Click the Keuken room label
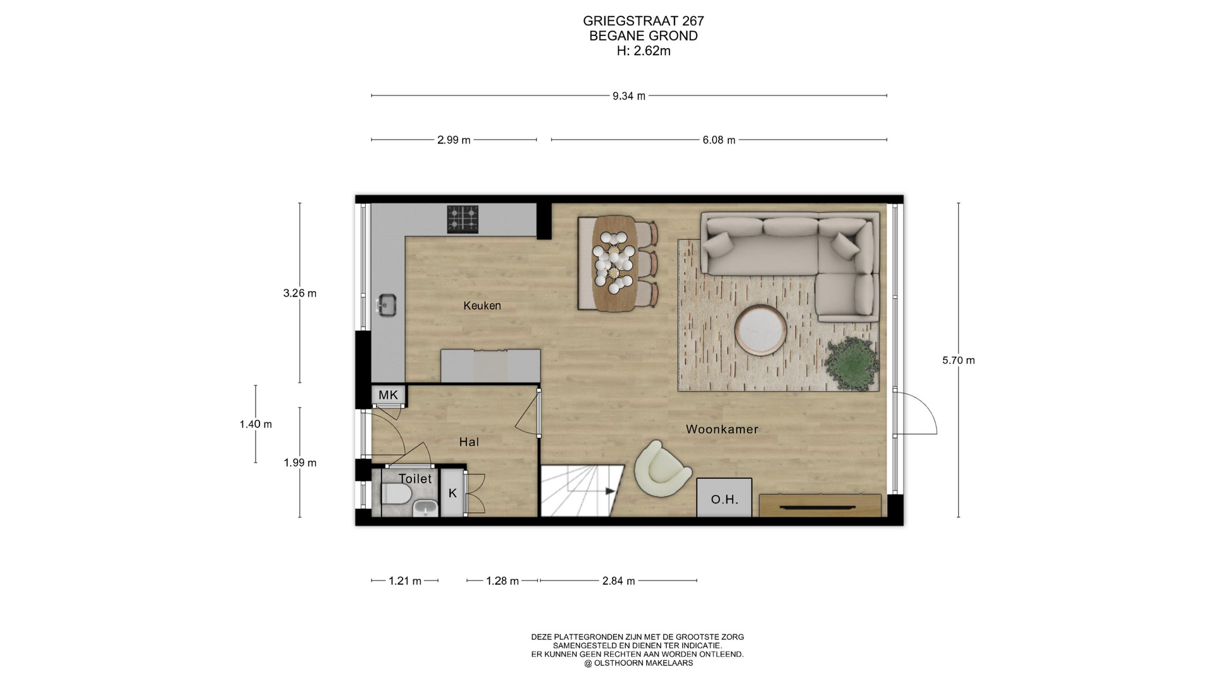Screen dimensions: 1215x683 click(482, 306)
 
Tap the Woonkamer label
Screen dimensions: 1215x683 click(722, 429)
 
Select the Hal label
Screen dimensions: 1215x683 click(469, 442)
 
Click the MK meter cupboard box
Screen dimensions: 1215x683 click(389, 395)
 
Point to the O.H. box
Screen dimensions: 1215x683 click(725, 498)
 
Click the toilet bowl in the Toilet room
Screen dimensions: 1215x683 click(397, 494)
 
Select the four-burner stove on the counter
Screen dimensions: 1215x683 click(463, 219)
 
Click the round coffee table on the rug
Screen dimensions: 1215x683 click(761, 331)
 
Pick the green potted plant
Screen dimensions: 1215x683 click(852, 363)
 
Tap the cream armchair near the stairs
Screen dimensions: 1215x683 click(663, 469)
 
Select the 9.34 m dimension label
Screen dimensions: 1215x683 click(629, 96)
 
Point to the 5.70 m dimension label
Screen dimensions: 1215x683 click(959, 360)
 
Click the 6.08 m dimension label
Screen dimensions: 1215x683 click(719, 140)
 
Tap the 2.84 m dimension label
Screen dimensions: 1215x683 click(619, 581)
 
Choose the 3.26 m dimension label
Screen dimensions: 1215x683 click(300, 293)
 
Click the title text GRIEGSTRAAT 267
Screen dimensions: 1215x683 click(644, 21)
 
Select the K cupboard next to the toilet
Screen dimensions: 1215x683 click(452, 493)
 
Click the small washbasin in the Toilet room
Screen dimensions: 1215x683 click(425, 508)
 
